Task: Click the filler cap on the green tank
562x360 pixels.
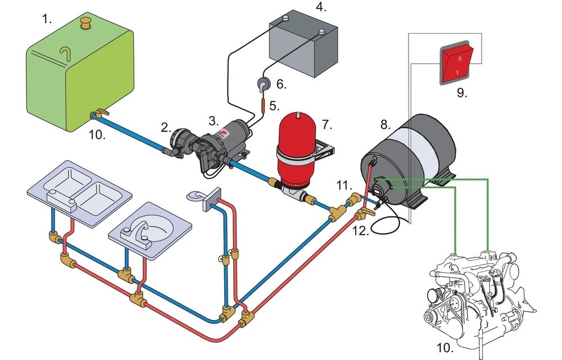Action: (x=85, y=22)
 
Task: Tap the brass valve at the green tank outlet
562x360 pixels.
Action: (x=98, y=115)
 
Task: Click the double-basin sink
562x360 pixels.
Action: (x=80, y=191)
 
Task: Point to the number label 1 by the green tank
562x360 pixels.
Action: (x=47, y=19)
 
